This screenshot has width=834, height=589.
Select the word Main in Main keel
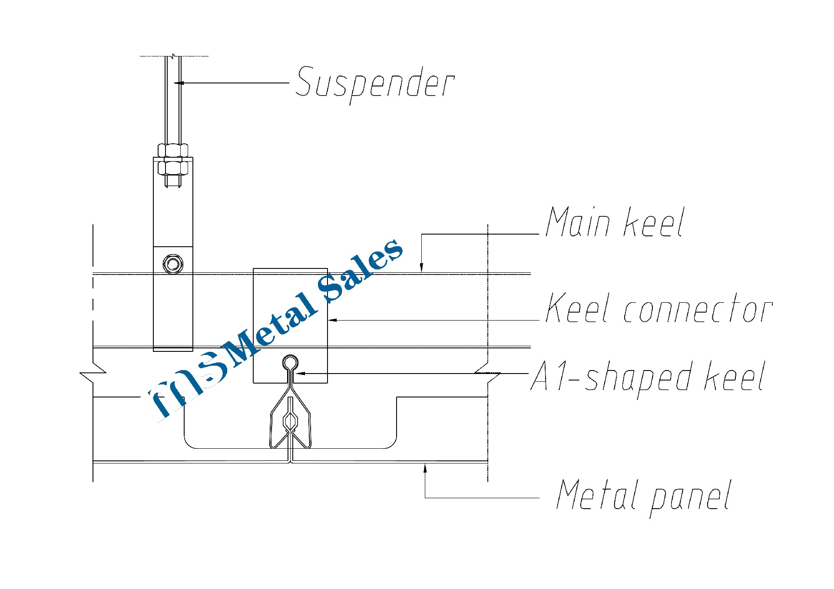coord(578,222)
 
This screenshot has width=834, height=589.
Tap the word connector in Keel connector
coord(698,309)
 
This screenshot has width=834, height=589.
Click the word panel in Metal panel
coord(691,497)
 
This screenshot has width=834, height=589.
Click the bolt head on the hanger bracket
coord(173,264)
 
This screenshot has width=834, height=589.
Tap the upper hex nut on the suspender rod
coord(173,150)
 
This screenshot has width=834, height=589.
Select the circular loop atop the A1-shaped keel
coord(290,362)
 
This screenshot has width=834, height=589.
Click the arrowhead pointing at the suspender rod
coord(179,83)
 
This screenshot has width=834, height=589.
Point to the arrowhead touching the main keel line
coord(421,268)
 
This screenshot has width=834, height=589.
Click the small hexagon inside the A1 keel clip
coord(290,420)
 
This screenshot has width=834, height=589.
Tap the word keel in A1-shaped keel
coord(734,377)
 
